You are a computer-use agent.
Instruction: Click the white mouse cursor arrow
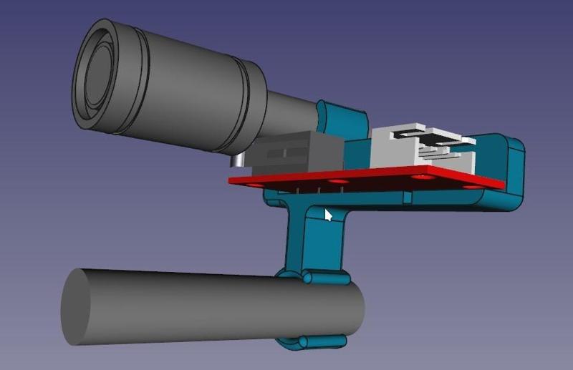[x=328, y=214]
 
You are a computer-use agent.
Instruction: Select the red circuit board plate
[x=372, y=178]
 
